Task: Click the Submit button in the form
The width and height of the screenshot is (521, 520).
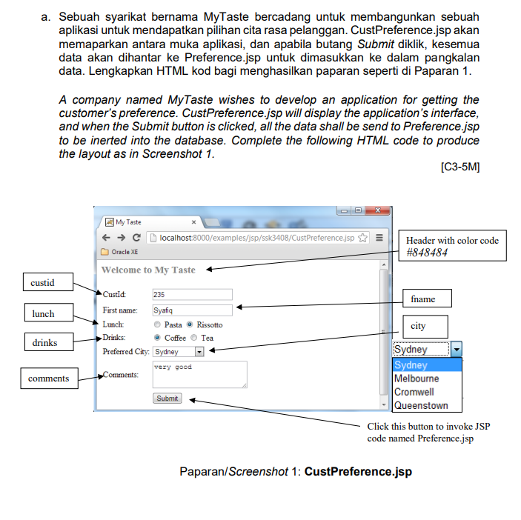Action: coord(167,399)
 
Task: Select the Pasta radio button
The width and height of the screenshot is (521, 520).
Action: coord(157,324)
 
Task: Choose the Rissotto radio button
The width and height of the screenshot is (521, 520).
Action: coord(190,324)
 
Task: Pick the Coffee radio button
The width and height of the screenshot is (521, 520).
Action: coord(157,338)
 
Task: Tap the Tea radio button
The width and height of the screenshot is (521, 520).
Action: coord(194,338)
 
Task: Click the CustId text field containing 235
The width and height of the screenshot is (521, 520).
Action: coord(192,295)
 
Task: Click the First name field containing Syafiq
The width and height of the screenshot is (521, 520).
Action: coord(192,310)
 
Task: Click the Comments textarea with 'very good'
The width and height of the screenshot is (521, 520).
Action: coord(199,374)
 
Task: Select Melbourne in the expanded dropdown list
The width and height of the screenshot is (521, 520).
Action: coord(417,379)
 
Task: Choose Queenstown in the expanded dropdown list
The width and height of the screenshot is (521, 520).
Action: coord(421,405)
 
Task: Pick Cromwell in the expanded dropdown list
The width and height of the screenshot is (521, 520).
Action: coord(414,392)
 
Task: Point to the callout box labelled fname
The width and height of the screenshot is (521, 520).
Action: coord(423,299)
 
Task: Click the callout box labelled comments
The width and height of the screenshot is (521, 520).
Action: coord(48,379)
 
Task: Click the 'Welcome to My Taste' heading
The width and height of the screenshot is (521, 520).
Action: coord(148,270)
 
